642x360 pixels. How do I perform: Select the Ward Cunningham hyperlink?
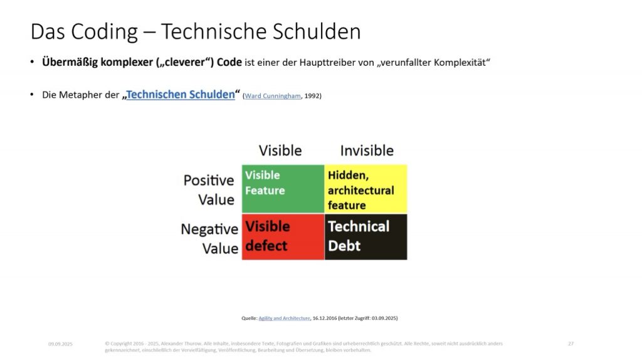pos(273,96)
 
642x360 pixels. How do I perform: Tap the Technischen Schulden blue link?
pos(181,95)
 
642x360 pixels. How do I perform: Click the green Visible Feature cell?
pos(283,189)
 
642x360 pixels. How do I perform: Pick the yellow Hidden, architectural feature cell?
pos(366,189)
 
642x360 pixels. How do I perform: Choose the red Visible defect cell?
pos(283,236)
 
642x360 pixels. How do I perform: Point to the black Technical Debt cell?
pos(366,236)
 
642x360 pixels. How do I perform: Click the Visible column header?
pos(280,151)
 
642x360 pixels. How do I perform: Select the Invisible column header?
pos(367,151)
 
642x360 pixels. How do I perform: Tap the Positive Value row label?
pos(209,189)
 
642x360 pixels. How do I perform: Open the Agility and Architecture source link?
pos(284,318)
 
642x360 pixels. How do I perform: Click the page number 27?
pos(571,344)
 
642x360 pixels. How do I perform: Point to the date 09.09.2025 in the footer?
pos(60,344)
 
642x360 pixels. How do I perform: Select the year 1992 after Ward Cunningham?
pos(312,96)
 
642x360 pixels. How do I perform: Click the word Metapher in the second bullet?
pos(85,95)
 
